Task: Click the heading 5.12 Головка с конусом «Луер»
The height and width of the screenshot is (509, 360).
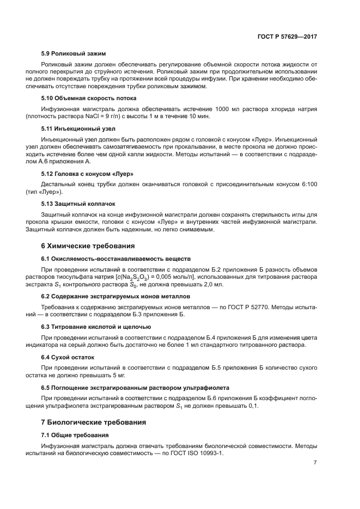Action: tap(88, 173)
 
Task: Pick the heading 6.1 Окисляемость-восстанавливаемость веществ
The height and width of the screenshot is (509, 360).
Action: tap(115, 258)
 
